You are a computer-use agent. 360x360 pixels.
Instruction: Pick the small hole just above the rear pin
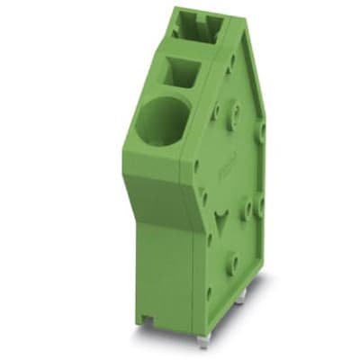(256, 279)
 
